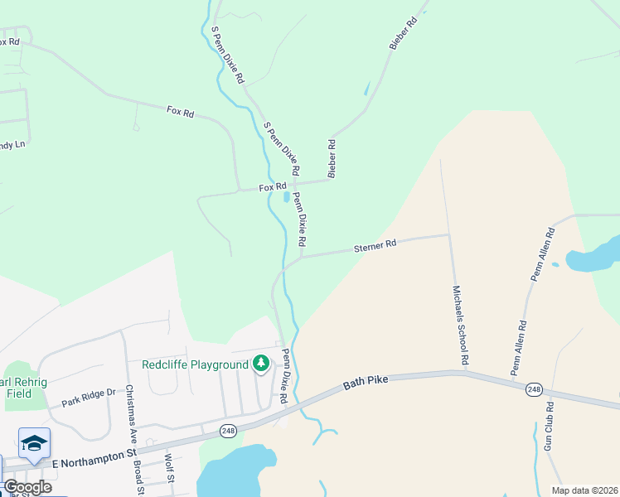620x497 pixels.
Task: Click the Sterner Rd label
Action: coord(375,245)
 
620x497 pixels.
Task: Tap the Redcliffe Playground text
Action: coord(195,364)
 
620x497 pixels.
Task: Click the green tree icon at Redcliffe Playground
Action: coord(262,364)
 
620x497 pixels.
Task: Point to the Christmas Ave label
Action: coord(130,411)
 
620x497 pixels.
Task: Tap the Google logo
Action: coord(27,486)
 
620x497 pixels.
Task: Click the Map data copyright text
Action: coord(584,490)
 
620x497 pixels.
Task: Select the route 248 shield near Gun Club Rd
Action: coord(534,389)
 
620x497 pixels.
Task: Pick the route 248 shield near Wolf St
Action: coord(229,431)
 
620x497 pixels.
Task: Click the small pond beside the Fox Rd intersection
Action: coord(287,198)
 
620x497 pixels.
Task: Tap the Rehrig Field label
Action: coord(17,388)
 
